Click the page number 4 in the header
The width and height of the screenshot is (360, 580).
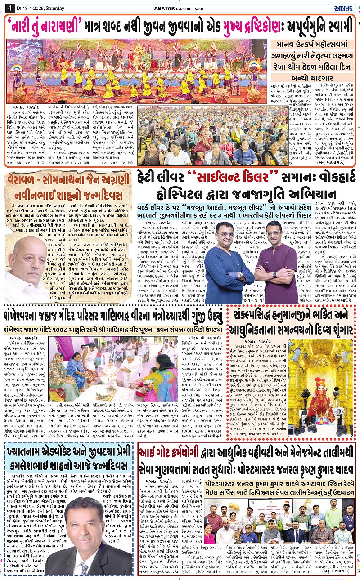9,7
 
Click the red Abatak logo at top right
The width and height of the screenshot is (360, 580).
346,7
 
